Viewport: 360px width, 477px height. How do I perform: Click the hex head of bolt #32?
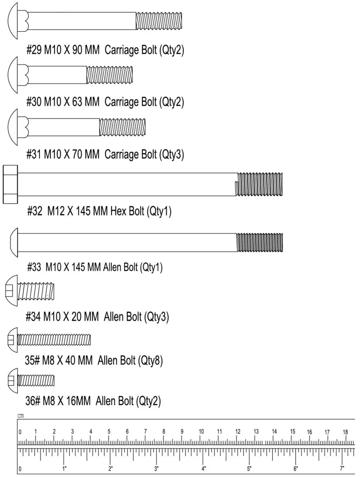click(x=10, y=184)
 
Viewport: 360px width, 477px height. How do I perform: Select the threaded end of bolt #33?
click(x=260, y=242)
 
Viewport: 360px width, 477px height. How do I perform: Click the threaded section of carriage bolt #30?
click(x=110, y=75)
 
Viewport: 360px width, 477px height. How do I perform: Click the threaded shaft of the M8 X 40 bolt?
click(x=54, y=339)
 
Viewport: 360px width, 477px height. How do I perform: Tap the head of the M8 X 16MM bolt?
click(x=12, y=380)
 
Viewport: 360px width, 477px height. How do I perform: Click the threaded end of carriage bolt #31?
click(x=122, y=127)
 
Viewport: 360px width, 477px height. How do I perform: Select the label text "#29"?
click(x=34, y=50)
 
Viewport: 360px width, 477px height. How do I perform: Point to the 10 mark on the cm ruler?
click(x=201, y=432)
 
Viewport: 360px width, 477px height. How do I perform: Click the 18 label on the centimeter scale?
click(x=345, y=432)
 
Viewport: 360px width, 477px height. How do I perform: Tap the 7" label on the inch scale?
click(x=342, y=467)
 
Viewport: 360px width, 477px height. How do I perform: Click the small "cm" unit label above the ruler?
click(x=21, y=416)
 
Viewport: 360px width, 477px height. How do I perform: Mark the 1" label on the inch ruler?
click(x=64, y=467)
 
